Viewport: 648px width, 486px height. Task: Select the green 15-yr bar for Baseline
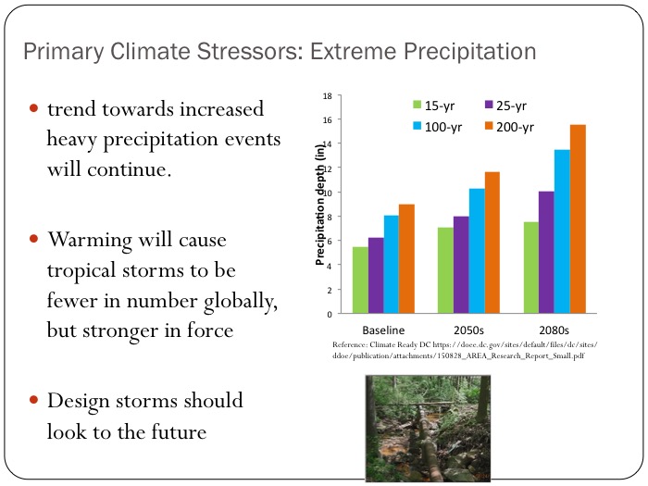click(360, 280)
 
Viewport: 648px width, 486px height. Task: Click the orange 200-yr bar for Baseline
click(407, 259)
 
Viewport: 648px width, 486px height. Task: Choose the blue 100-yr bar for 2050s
click(477, 251)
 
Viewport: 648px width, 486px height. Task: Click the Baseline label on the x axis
click(383, 330)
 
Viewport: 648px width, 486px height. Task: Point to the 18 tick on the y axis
click(328, 95)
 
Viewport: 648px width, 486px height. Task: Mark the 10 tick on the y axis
click(328, 193)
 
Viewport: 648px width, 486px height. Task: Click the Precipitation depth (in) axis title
click(320, 206)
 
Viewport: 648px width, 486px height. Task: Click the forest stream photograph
click(415, 427)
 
